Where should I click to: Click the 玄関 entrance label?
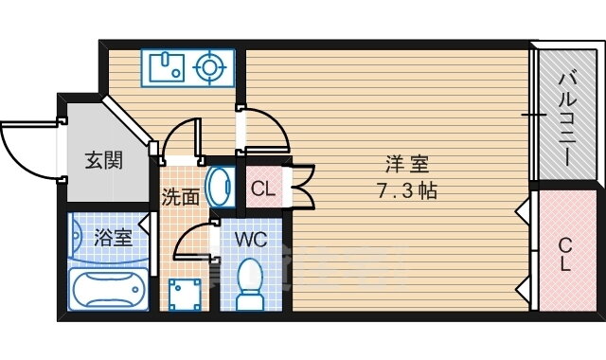point(103,160)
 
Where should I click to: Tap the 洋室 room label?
point(407,164)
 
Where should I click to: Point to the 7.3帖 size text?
point(407,190)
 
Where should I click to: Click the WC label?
point(251,240)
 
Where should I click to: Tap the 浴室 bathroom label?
point(114,237)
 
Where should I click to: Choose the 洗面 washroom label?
point(180,197)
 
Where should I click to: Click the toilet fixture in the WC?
point(250,283)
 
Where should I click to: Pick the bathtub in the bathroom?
point(109,289)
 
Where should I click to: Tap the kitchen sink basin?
point(167,67)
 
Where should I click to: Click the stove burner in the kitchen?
point(209,67)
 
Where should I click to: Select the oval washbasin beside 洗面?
point(220,188)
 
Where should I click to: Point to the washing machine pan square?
point(185,295)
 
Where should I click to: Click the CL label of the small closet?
point(263,189)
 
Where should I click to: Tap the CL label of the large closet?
point(565,254)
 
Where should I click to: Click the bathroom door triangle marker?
point(144,225)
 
